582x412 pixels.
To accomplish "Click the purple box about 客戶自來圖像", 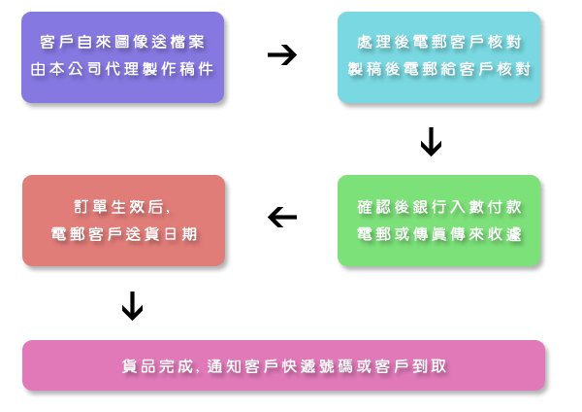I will [123, 57].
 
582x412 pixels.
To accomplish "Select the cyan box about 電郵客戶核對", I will [439, 57].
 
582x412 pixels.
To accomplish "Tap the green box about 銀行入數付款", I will [439, 221].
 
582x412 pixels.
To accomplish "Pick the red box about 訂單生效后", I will [123, 221].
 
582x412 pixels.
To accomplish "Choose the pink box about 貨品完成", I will [283, 365].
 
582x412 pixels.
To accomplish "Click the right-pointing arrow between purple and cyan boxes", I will [281, 54].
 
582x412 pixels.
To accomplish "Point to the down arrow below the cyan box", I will [431, 144].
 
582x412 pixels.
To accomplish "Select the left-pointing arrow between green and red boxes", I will [281, 217].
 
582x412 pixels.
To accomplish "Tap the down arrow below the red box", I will [132, 307].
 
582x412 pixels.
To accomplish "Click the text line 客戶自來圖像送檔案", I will [123, 43].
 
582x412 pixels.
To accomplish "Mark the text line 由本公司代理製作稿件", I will [123, 71].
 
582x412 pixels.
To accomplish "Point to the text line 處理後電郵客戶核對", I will [439, 43].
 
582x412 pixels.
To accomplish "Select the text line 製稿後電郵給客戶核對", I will [439, 71].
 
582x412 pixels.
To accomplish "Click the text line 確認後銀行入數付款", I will [439, 206].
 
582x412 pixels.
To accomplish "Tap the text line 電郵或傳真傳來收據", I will [439, 234].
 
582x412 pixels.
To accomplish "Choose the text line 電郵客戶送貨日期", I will [123, 234].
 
